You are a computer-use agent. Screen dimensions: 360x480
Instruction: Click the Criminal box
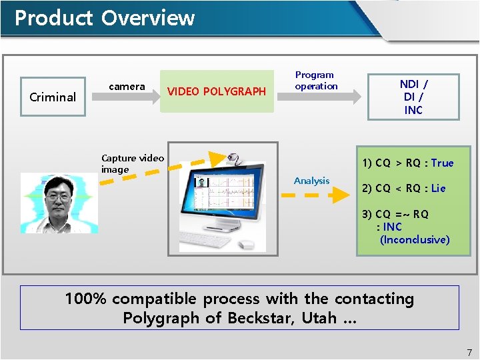point(53,97)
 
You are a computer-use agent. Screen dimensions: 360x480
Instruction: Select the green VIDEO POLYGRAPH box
point(216,91)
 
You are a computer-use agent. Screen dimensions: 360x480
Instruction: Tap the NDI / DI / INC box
point(413,97)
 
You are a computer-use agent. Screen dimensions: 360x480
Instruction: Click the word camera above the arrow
point(127,86)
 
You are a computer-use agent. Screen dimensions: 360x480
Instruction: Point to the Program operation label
point(316,81)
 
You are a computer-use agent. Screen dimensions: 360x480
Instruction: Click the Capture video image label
point(132,163)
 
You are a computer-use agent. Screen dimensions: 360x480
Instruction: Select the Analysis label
point(311,181)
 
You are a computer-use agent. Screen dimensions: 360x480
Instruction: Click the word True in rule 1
point(442,163)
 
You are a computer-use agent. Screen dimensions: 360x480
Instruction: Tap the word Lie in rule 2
point(438,188)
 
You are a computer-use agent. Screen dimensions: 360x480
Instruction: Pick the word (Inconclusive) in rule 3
point(414,239)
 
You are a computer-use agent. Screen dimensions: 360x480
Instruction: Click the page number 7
point(469,352)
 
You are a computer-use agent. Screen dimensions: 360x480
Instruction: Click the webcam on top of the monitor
point(235,159)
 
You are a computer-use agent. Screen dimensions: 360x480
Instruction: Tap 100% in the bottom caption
point(85,299)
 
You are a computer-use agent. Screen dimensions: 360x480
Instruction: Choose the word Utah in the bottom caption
point(319,318)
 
